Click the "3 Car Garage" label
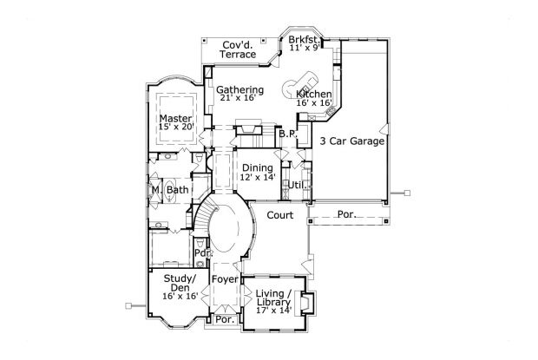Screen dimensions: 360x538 coord(351,141)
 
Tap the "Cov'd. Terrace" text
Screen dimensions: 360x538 coord(239,49)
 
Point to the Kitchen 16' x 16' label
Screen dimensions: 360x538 coord(313,97)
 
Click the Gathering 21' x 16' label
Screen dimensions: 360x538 coord(239,94)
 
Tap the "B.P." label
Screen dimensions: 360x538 coord(287,134)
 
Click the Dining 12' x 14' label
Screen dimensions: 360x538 coord(258,172)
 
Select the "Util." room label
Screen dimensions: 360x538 coord(296,185)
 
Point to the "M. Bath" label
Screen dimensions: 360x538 coord(170,190)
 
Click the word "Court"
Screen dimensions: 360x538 coord(279,214)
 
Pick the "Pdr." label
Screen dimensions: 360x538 coord(203,253)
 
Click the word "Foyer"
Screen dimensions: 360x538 coord(225,279)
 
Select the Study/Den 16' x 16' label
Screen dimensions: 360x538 coord(180,287)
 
